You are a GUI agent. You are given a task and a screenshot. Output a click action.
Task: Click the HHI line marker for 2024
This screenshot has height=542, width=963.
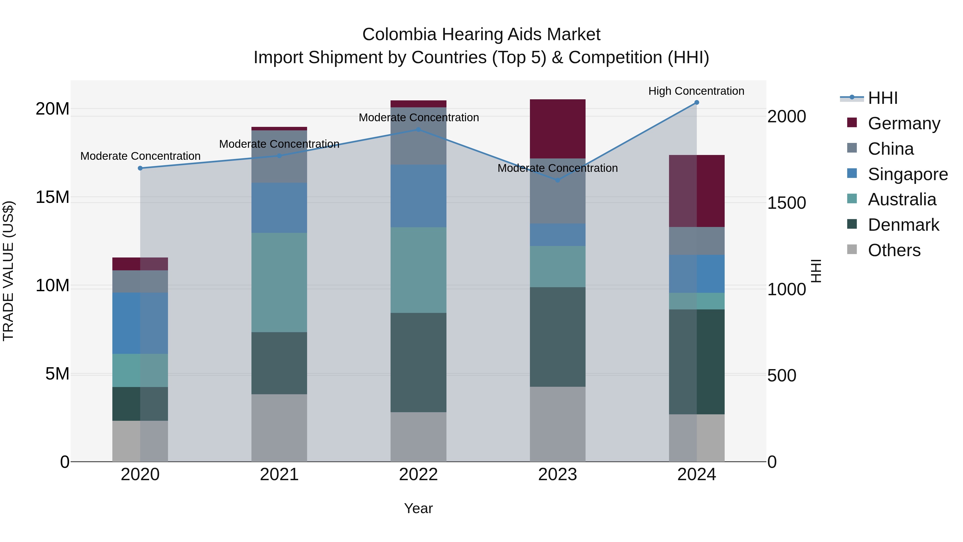(697, 103)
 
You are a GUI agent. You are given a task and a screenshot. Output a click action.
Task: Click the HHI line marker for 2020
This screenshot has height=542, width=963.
(140, 168)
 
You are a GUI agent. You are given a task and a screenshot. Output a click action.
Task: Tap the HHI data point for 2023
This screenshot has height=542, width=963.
(557, 180)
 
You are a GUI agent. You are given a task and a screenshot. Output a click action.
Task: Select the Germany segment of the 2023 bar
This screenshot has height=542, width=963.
(557, 129)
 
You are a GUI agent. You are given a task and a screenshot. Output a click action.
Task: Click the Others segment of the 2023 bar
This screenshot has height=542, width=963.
(557, 424)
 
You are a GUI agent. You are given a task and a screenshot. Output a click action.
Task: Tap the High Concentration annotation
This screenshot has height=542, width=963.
(696, 91)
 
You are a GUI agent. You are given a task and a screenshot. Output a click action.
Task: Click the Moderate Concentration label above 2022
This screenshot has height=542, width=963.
(419, 118)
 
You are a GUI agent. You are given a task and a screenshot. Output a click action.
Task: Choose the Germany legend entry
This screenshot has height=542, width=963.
(904, 123)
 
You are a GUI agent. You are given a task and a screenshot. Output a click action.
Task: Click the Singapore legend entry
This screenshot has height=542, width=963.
(907, 174)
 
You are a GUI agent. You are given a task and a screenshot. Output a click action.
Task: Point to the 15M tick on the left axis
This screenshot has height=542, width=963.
(52, 197)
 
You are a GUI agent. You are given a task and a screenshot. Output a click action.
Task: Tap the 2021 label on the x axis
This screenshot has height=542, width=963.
(279, 475)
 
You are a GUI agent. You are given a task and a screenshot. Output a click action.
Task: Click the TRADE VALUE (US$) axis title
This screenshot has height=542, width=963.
(8, 271)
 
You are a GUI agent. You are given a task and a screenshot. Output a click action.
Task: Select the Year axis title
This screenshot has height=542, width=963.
(418, 508)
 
